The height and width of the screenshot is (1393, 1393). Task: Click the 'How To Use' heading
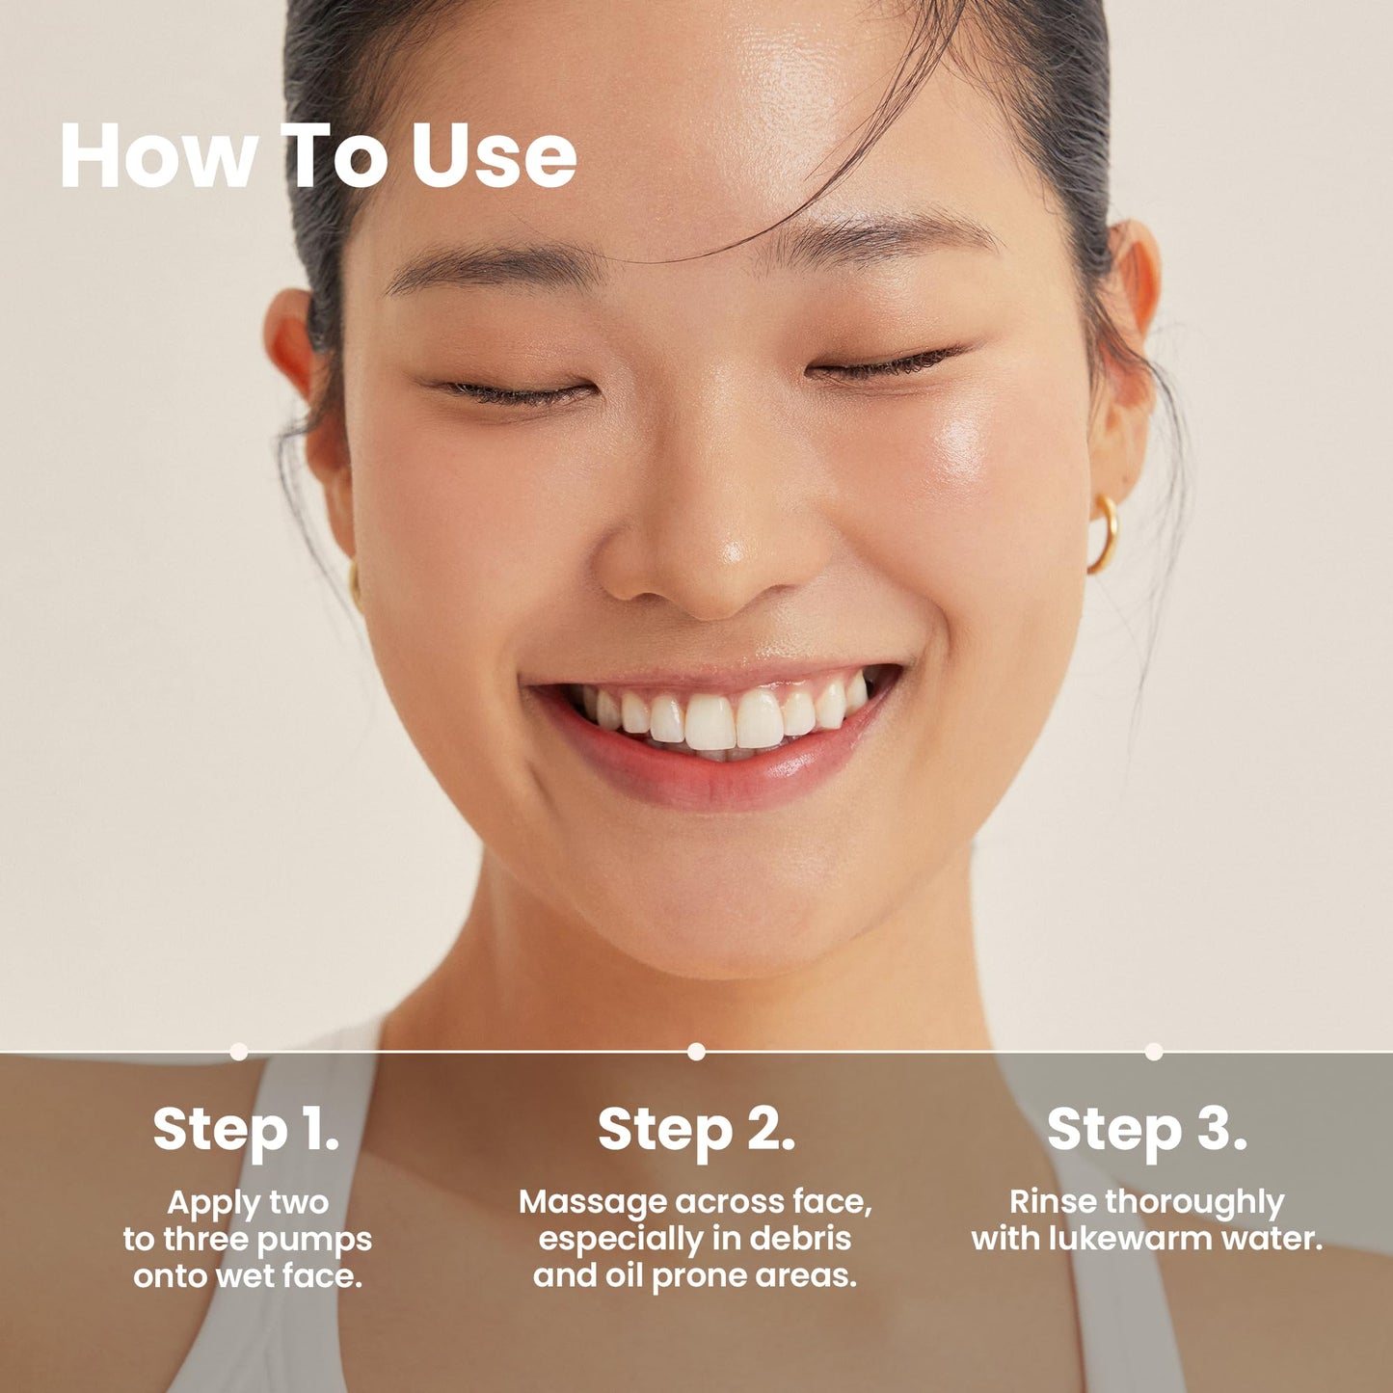point(318,155)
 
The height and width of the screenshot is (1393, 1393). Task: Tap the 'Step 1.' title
point(246,1129)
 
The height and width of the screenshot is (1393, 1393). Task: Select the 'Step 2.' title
point(696,1129)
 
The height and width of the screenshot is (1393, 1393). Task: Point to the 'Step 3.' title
point(1146,1129)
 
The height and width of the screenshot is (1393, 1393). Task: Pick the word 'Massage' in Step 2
point(593,1202)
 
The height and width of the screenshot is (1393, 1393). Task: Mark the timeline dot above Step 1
point(239,1052)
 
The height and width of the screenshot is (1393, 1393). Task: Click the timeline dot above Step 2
point(696,1052)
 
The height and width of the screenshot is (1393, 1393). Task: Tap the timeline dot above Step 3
point(1154,1052)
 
